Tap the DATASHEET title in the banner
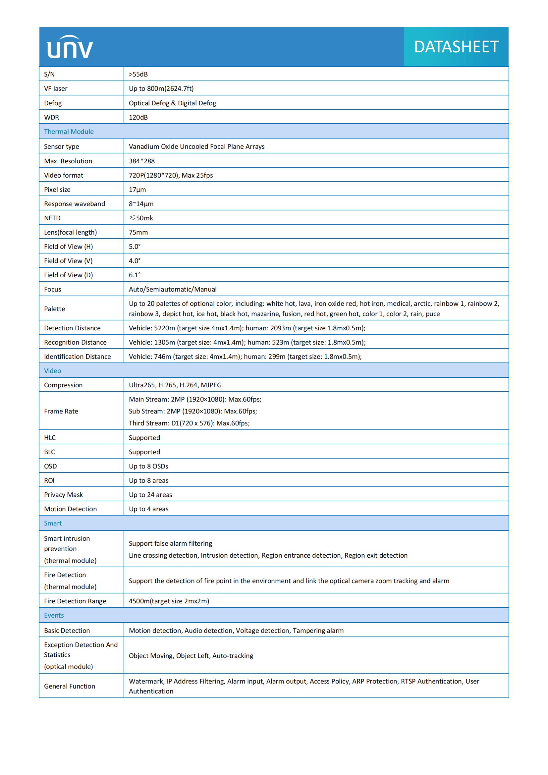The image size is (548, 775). pyautogui.click(x=456, y=47)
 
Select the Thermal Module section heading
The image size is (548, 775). pyautogui.click(x=69, y=132)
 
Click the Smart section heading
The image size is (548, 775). pyautogui.click(x=53, y=523)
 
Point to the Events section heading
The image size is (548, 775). pyautogui.click(x=54, y=615)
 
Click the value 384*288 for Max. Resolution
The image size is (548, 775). pyautogui.click(x=142, y=161)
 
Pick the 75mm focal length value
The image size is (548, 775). pyautogui.click(x=138, y=232)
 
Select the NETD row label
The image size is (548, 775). pyautogui.click(x=52, y=218)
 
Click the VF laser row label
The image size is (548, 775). pyautogui.click(x=56, y=88)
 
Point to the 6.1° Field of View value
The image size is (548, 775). pyautogui.click(x=135, y=275)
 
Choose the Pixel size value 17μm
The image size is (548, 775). pyautogui.click(x=137, y=190)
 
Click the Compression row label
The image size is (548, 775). pyautogui.click(x=63, y=385)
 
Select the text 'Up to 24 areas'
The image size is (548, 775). pyautogui.click(x=150, y=495)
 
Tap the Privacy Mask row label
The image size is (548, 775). pyautogui.click(x=63, y=495)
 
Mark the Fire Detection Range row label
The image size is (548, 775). pyautogui.click(x=75, y=601)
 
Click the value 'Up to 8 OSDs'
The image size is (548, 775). pyautogui.click(x=148, y=466)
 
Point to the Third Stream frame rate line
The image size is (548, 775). pyautogui.click(x=189, y=423)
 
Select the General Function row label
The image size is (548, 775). pyautogui.click(x=70, y=686)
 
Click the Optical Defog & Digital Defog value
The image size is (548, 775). pyautogui.click(x=172, y=103)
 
